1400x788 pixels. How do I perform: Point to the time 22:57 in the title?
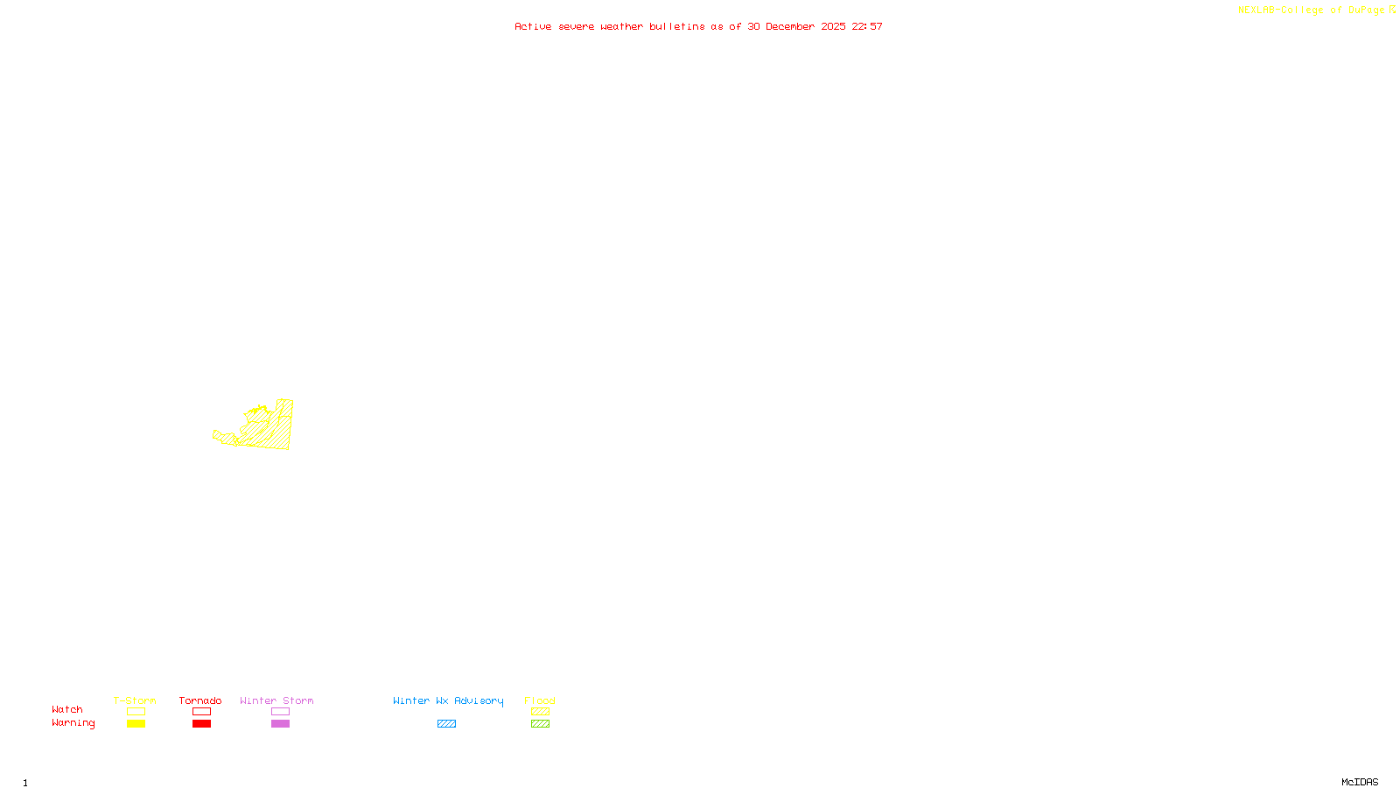867,26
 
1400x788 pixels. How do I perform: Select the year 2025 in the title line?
833,26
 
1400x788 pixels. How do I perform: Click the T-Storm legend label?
135,700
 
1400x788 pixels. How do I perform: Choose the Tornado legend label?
200,700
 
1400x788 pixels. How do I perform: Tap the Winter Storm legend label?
276,700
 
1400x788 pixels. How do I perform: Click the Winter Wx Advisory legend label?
448,700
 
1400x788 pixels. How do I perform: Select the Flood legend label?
540,700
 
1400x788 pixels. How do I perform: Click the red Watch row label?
67,709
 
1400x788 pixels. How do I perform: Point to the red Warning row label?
73,723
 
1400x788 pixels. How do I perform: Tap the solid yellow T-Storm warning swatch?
136,724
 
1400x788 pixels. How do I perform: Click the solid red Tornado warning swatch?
201,724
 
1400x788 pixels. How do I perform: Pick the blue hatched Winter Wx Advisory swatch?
446,724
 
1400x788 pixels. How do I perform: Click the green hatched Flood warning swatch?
540,724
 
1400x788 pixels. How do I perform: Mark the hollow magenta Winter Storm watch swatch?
280,712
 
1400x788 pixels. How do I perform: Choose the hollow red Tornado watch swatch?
201,712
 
